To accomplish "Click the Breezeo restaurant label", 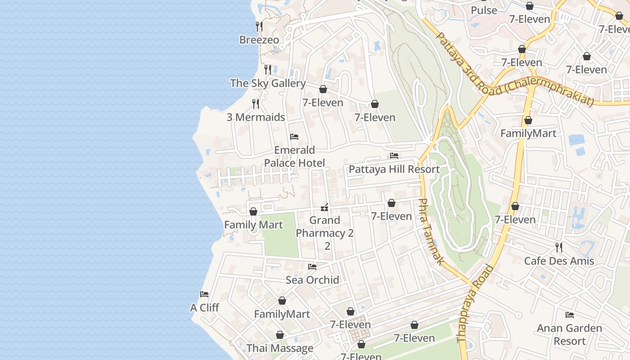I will coord(259,40).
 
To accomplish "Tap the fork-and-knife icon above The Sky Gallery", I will coord(268,70).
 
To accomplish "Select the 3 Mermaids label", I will coord(256,117).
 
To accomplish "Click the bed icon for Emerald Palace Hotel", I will coord(294,137).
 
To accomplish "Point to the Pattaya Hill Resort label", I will coord(394,170).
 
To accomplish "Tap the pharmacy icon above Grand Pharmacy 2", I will coord(324,207).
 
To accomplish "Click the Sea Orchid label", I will coord(312,280).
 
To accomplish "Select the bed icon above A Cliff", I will coord(204,294).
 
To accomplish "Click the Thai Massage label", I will coord(280,348).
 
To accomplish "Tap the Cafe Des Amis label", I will coord(559,261).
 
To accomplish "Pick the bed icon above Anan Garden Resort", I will coord(570,315).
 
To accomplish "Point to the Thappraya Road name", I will coord(476,304).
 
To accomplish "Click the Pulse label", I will coord(484,10).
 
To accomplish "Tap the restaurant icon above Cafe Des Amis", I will coord(559,247).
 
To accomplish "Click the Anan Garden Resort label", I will coord(569,334).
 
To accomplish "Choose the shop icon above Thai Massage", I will coord(280,335).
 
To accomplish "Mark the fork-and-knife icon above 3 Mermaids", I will coord(256,104).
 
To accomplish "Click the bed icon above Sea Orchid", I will coord(312,267).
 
